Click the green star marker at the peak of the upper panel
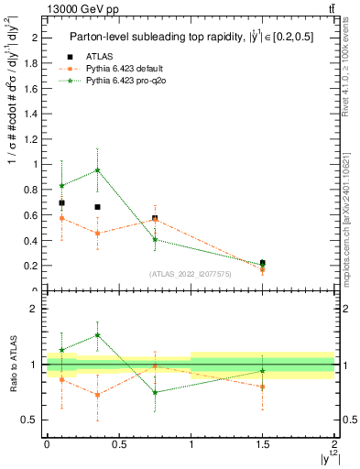pyautogui.click(x=98, y=170)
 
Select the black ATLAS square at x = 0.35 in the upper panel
pyautogui.click(x=97, y=207)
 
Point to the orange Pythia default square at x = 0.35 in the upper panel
pyautogui.click(x=98, y=233)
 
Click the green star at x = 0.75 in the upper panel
pyautogui.click(x=155, y=239)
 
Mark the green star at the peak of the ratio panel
pyautogui.click(x=98, y=335)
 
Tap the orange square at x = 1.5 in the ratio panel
pyautogui.click(x=263, y=387)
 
